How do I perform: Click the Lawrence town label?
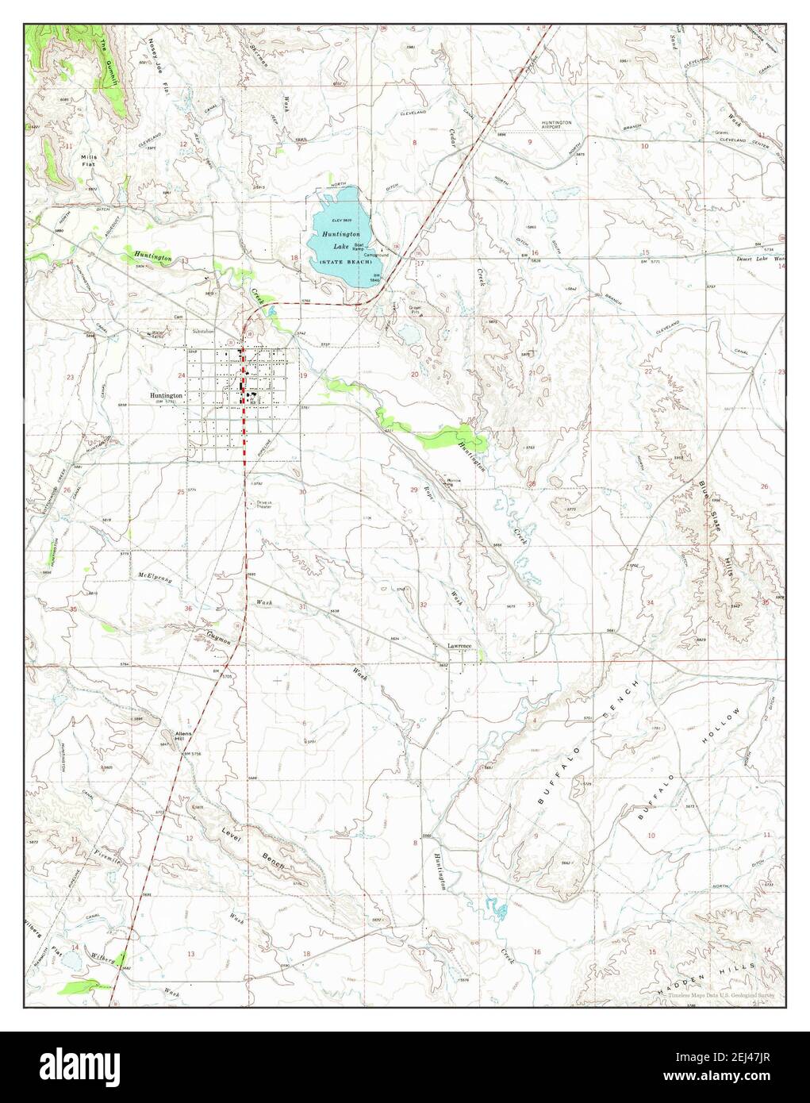tap(459, 646)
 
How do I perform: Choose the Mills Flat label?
tap(88, 161)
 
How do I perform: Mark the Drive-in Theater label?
tap(263, 505)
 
